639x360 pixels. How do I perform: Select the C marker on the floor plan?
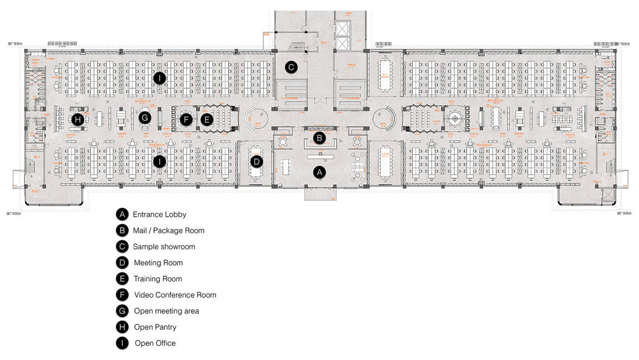click(x=291, y=67)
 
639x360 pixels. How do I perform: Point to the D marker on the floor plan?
click(x=256, y=161)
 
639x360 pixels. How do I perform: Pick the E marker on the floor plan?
click(x=206, y=119)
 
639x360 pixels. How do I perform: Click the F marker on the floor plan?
click(x=186, y=119)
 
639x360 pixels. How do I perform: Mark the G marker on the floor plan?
click(x=145, y=118)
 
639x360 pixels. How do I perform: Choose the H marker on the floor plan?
click(x=78, y=119)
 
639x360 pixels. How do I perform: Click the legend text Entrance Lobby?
click(x=160, y=214)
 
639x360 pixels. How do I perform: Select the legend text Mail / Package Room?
click(x=169, y=230)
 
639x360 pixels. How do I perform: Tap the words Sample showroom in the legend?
click(x=164, y=246)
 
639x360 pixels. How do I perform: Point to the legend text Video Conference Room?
click(x=175, y=295)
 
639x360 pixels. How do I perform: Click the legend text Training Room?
click(x=158, y=279)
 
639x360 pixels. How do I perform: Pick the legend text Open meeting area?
click(x=166, y=311)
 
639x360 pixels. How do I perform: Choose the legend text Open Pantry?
click(x=155, y=327)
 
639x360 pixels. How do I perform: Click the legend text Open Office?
click(x=155, y=343)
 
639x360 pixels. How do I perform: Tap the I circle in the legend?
click(x=122, y=343)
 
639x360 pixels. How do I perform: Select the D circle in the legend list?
click(x=122, y=262)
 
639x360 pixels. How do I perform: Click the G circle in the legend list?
click(x=122, y=311)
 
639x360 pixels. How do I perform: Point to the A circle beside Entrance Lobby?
click(x=122, y=214)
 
